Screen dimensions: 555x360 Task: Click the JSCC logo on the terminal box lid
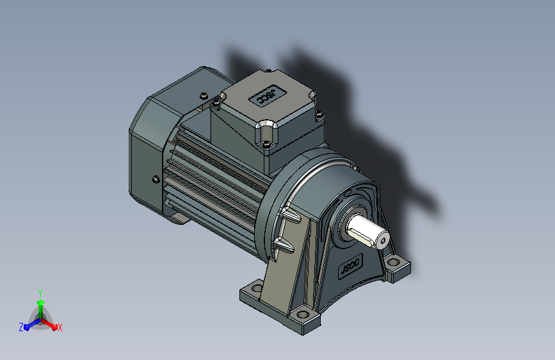267,95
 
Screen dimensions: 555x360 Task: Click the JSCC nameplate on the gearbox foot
351,266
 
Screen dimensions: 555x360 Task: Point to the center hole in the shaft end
383,241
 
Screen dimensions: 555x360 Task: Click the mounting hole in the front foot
303,315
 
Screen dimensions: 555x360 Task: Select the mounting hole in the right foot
392,263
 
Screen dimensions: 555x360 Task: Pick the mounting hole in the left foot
257,288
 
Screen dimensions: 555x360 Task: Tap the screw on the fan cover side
156,179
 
